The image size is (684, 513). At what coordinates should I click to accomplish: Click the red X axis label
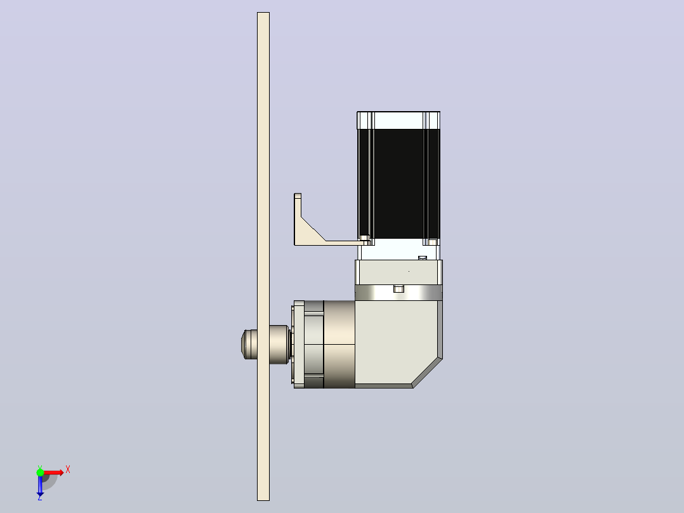point(68,470)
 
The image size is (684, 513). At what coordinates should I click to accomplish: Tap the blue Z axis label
point(40,497)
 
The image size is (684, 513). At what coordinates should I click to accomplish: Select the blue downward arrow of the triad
point(40,484)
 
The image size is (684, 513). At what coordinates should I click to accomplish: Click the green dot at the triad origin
point(40,472)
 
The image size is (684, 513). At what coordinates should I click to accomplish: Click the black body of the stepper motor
point(398,183)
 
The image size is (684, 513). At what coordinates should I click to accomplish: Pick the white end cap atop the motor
point(398,120)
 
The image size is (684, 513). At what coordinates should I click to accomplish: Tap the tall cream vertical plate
point(263,256)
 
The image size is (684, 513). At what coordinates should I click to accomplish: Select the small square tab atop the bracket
point(298,196)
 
